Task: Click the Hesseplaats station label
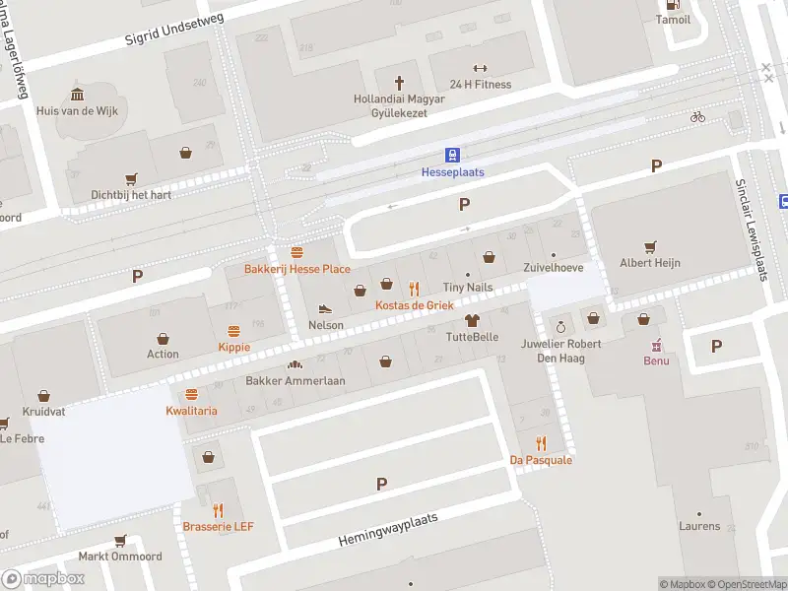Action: (x=452, y=172)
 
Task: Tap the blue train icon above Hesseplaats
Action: (x=452, y=155)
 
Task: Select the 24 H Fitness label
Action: (x=480, y=85)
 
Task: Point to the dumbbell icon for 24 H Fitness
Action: (x=480, y=68)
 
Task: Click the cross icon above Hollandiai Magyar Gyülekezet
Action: (x=400, y=83)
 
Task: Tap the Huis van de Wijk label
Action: (x=77, y=111)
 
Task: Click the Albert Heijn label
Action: (x=649, y=263)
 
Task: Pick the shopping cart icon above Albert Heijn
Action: (x=649, y=246)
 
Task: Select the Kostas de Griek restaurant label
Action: (x=414, y=305)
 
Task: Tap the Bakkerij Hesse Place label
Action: (x=297, y=269)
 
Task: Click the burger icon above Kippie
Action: (x=234, y=331)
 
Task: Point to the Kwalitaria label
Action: (x=191, y=410)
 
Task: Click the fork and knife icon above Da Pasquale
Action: (x=541, y=443)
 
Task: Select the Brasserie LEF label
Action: (x=218, y=527)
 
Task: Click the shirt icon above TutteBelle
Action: (x=472, y=320)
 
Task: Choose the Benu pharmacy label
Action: (x=656, y=361)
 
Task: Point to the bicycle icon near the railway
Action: (x=697, y=116)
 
